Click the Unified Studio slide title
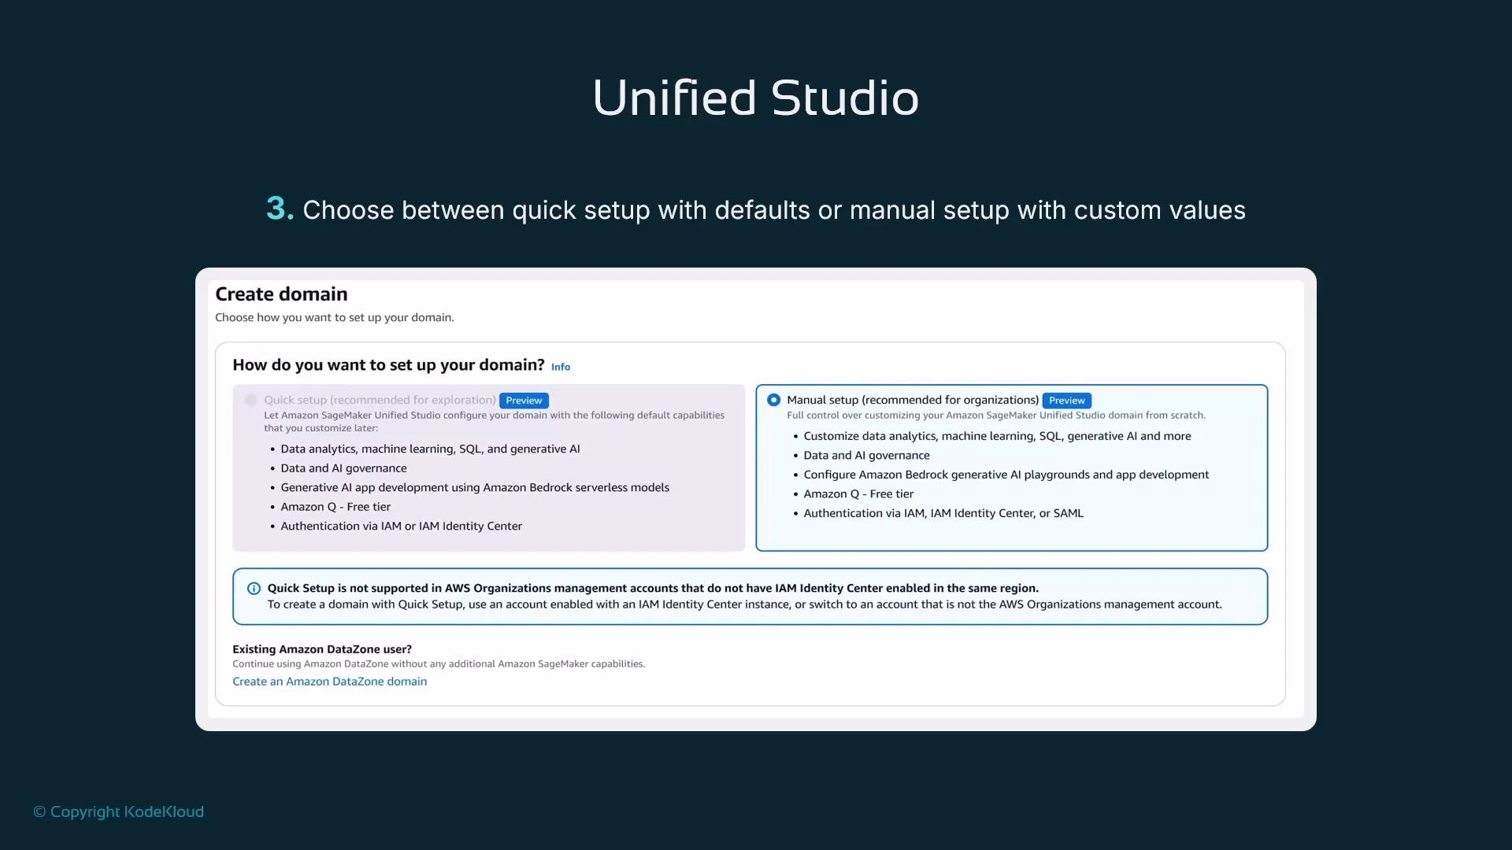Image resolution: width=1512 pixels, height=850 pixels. pyautogui.click(x=755, y=98)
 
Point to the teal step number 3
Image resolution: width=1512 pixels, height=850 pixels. pyautogui.click(x=279, y=209)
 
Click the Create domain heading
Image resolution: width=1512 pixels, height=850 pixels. pyautogui.click(x=281, y=294)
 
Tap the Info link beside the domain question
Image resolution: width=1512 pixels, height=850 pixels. pyautogui.click(x=561, y=367)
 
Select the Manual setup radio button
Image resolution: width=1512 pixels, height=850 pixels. pyautogui.click(x=773, y=400)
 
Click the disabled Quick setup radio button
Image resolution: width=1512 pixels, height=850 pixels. pyautogui.click(x=250, y=400)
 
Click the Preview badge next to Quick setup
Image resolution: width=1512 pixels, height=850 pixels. pyautogui.click(x=524, y=401)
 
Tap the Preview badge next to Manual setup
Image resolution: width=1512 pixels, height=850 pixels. pyautogui.click(x=1066, y=401)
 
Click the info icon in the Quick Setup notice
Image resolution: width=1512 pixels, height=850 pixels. pyautogui.click(x=254, y=589)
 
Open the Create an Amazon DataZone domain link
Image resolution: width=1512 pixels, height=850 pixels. pyautogui.click(x=329, y=682)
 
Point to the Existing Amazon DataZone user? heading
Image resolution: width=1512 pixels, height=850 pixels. pyautogui.click(x=321, y=649)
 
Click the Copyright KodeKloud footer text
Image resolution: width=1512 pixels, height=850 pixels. pyautogui.click(x=118, y=811)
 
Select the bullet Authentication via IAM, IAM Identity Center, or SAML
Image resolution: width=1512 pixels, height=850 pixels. pyautogui.click(x=943, y=513)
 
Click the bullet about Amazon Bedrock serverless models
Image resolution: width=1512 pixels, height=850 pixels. pyautogui.click(x=475, y=487)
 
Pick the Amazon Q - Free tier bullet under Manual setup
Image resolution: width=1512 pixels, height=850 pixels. pyautogui.click(x=858, y=494)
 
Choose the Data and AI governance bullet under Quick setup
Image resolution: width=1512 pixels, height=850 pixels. pyautogui.click(x=343, y=468)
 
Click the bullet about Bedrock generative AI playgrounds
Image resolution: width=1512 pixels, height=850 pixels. pyautogui.click(x=1006, y=475)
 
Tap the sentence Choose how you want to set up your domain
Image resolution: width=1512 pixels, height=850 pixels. pyautogui.click(x=334, y=317)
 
